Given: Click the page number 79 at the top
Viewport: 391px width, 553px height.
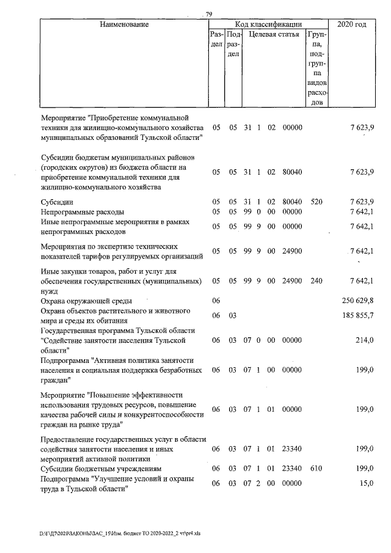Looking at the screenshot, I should pyautogui.click(x=209, y=14).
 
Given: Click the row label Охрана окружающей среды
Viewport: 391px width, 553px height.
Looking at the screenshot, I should pyautogui.click(x=87, y=301).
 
